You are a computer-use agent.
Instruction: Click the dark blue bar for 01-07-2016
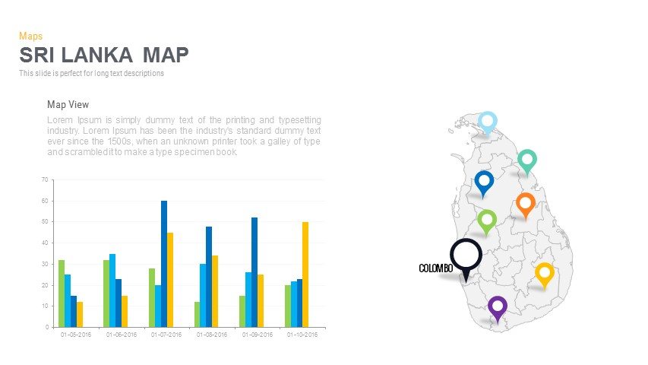coord(164,264)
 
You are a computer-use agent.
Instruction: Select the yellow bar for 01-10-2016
coord(305,275)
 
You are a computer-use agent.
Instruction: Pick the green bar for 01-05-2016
coord(62,294)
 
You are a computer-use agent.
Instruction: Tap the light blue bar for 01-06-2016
coord(112,290)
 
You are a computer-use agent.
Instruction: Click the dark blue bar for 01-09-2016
coord(254,272)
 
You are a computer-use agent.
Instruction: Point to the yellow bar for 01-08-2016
coord(215,291)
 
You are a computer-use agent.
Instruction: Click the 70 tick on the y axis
coord(45,180)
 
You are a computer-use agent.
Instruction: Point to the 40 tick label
coord(45,243)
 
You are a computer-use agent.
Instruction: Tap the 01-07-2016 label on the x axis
coord(166,335)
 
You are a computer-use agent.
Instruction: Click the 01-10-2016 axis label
coord(302,335)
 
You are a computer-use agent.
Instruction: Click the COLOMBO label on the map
coord(435,268)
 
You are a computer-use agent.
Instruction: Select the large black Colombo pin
coord(466,255)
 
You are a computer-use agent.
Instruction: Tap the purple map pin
coord(497,307)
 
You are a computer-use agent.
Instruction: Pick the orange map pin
coord(525,204)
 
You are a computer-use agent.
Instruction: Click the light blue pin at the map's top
coord(488,122)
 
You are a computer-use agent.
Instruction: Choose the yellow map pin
coord(544,273)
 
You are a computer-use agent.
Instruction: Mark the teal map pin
coord(527,160)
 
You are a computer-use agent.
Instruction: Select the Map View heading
coord(68,105)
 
